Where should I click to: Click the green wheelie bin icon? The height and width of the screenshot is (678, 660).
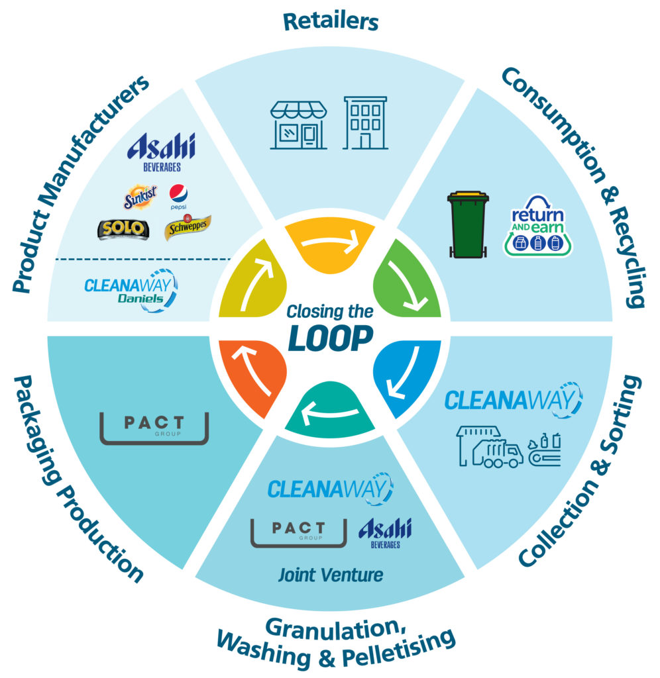[468, 224]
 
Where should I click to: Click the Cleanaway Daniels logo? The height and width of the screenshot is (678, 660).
[131, 290]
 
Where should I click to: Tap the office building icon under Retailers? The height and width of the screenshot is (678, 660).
[365, 122]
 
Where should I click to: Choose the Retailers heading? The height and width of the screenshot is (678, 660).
[330, 21]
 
